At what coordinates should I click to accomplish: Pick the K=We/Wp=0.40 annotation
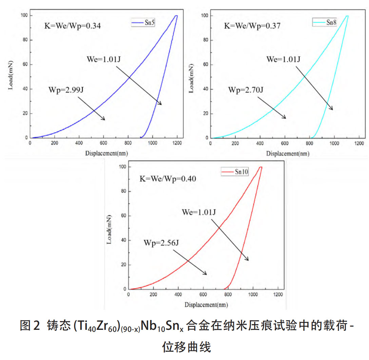pyautogui.click(x=168, y=178)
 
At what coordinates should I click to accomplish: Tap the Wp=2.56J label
pyautogui.click(x=161, y=243)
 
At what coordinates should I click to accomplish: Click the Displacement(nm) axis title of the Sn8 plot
pyautogui.click(x=288, y=153)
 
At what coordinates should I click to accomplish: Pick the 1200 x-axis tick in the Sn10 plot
pyautogui.click(x=278, y=294)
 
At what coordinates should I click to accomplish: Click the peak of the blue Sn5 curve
pyautogui.click(x=176, y=16)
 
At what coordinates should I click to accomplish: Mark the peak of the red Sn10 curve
pyautogui.click(x=261, y=167)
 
